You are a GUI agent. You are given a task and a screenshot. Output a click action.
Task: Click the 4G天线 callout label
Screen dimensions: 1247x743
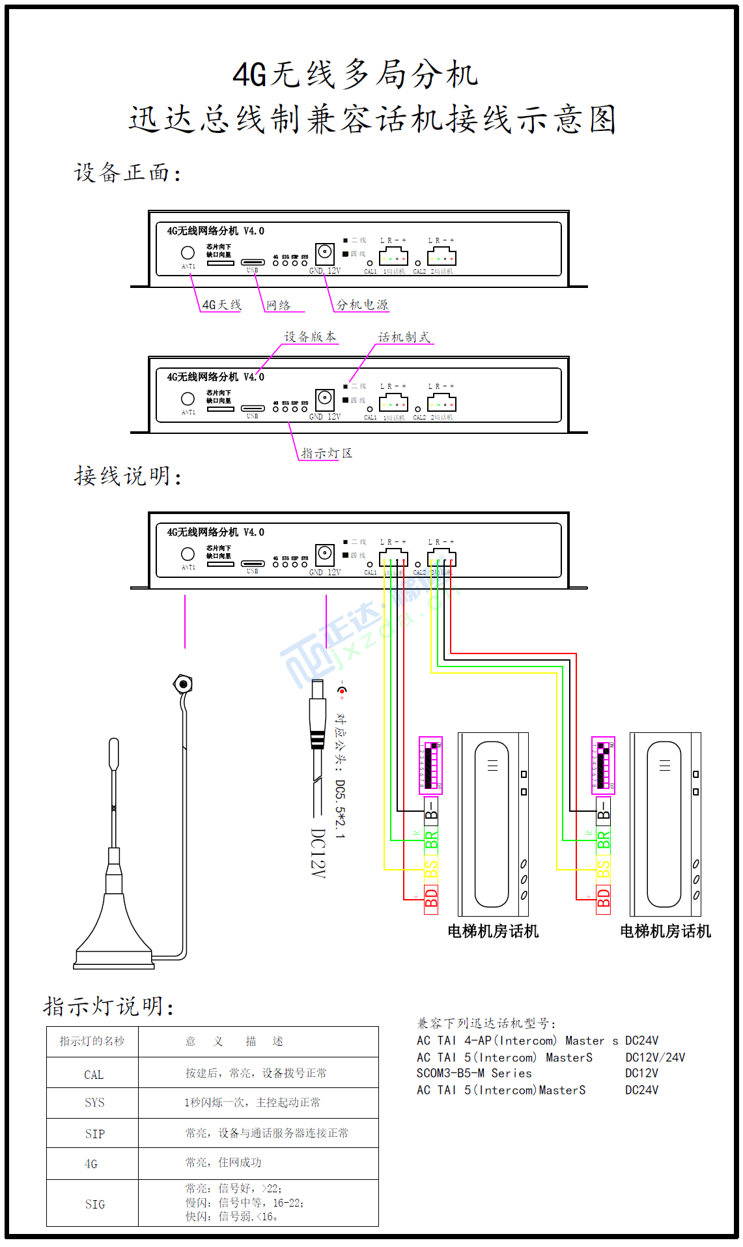tap(221, 305)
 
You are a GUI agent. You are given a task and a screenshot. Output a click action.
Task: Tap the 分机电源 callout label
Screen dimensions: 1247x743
tap(361, 305)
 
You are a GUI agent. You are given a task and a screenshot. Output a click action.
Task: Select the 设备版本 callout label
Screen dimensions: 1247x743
tap(310, 337)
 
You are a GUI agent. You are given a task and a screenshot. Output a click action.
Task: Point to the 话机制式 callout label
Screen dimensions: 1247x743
tap(404, 337)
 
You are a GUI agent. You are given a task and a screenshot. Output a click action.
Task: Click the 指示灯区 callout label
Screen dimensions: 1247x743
tap(326, 453)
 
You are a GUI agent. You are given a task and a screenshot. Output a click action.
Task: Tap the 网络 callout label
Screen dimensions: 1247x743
tap(278, 305)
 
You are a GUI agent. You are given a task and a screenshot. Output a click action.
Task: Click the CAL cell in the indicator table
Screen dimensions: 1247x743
tap(93, 1074)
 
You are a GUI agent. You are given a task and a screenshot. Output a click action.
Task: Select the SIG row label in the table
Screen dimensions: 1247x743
tap(94, 1204)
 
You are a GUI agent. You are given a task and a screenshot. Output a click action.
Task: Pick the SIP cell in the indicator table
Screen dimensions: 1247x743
tap(94, 1134)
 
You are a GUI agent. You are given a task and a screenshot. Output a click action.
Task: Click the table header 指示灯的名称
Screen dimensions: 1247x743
tap(92, 1041)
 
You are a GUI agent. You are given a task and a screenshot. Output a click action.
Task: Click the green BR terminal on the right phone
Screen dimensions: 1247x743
tap(604, 840)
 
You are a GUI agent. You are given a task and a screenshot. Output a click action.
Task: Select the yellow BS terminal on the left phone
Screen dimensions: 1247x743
tap(431, 869)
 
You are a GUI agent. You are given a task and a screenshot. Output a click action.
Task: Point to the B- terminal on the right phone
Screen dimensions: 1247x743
tap(604, 810)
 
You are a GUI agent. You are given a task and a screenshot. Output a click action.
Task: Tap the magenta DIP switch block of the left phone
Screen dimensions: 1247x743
tap(430, 765)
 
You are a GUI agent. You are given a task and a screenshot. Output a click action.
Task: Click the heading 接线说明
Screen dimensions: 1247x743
tap(128, 476)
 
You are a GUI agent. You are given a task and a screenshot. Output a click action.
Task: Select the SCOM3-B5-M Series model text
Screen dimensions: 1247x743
tap(474, 1073)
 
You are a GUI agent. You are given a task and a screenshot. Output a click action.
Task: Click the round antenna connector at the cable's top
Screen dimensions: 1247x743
tap(183, 684)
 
